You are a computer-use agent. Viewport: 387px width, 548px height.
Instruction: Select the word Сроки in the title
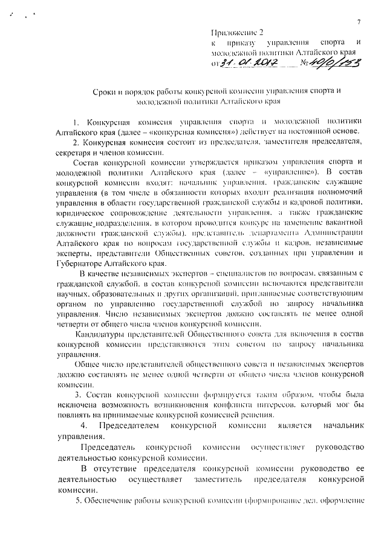point(95,91)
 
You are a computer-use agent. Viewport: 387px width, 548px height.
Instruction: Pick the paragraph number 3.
point(75,395)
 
